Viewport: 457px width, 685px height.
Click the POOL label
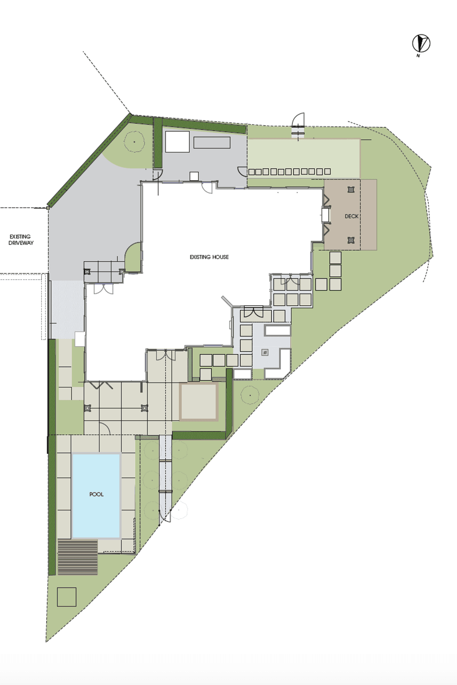tap(96, 494)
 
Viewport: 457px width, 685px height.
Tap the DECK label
tap(352, 216)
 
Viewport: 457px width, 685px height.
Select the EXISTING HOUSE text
tap(209, 257)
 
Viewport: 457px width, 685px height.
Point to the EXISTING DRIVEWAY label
tap(21, 240)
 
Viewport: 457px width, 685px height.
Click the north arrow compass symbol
tap(421, 43)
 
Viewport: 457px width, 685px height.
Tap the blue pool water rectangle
tap(96, 495)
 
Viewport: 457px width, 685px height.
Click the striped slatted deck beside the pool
tap(78, 557)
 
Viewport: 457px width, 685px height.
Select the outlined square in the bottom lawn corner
tap(67, 597)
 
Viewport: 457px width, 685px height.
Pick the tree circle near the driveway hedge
tap(134, 142)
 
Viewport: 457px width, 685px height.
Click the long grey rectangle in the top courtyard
tap(212, 142)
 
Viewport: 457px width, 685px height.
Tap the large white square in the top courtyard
tap(177, 142)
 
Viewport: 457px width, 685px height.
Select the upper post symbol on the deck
tap(351, 190)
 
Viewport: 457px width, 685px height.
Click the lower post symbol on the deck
tap(351, 240)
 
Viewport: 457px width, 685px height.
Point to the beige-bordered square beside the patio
tap(199, 402)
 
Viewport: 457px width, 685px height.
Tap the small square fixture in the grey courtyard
tap(265, 353)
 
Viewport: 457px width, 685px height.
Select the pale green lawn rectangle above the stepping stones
tap(304, 153)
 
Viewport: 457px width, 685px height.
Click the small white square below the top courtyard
tap(194, 176)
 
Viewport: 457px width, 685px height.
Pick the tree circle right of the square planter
tap(250, 395)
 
